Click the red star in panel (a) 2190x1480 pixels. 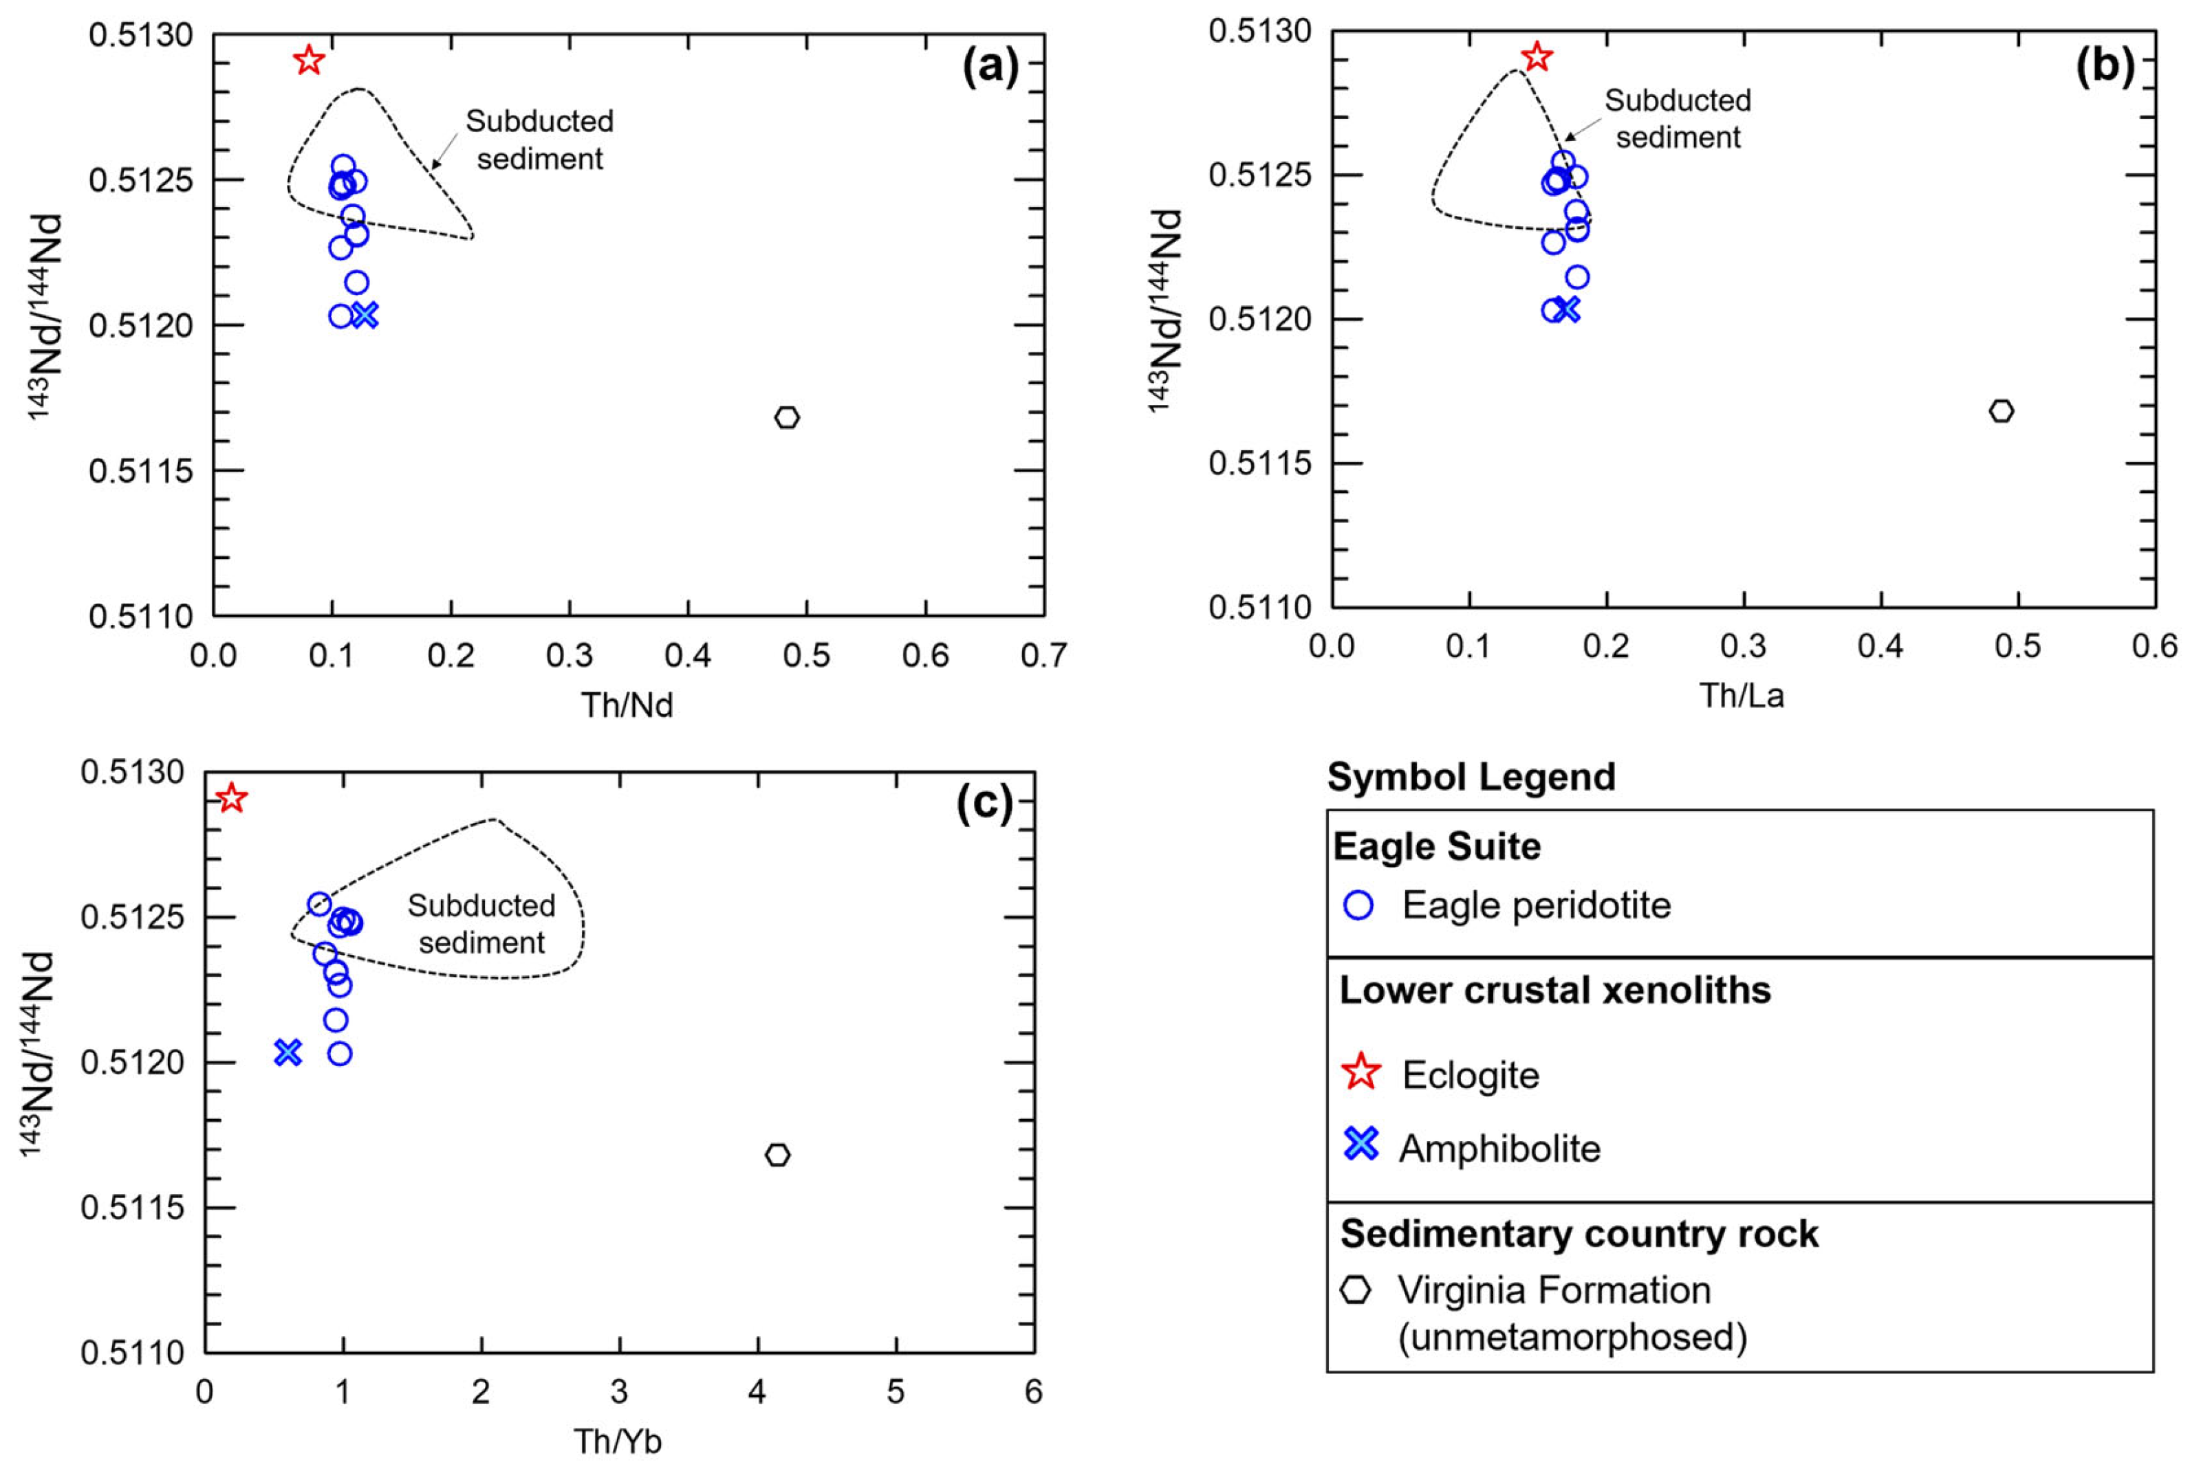[x=308, y=60]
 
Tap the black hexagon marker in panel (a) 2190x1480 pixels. [x=787, y=417]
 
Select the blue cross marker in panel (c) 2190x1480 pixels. [x=288, y=1052]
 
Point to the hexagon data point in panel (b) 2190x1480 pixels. [x=2002, y=411]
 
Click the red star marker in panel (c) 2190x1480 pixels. [x=232, y=798]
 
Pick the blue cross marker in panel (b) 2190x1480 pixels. [x=1567, y=309]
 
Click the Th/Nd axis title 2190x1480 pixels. [x=627, y=705]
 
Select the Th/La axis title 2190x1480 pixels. [x=1742, y=695]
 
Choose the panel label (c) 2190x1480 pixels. [x=984, y=803]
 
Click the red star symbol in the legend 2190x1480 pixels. [x=1360, y=1072]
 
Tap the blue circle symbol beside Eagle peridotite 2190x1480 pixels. [x=1358, y=905]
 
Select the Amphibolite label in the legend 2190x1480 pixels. [x=1500, y=1149]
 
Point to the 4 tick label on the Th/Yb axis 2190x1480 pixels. [x=757, y=1391]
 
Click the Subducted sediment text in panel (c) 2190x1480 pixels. [x=481, y=923]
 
